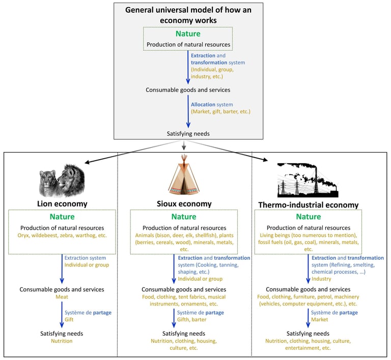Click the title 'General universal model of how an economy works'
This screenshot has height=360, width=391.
tap(188, 16)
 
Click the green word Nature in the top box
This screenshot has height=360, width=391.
tap(188, 34)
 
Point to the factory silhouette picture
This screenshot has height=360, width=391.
tap(307, 180)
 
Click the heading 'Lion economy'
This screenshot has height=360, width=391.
tap(62, 204)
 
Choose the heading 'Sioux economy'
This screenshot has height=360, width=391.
tap(184, 204)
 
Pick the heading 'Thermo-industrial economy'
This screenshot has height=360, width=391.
tap(307, 205)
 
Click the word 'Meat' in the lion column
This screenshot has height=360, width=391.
tap(62, 297)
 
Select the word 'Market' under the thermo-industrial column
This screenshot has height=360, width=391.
tap(320, 319)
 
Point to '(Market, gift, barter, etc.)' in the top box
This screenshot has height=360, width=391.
tap(220, 111)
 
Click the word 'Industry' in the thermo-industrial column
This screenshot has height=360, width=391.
tap(322, 279)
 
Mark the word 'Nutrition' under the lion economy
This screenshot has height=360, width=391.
tap(62, 341)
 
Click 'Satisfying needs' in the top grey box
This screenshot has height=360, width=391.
tap(188, 134)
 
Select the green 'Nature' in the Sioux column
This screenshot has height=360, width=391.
tap(184, 217)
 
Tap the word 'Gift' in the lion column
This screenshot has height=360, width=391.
tap(69, 320)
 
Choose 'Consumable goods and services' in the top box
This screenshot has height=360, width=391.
tap(188, 90)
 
